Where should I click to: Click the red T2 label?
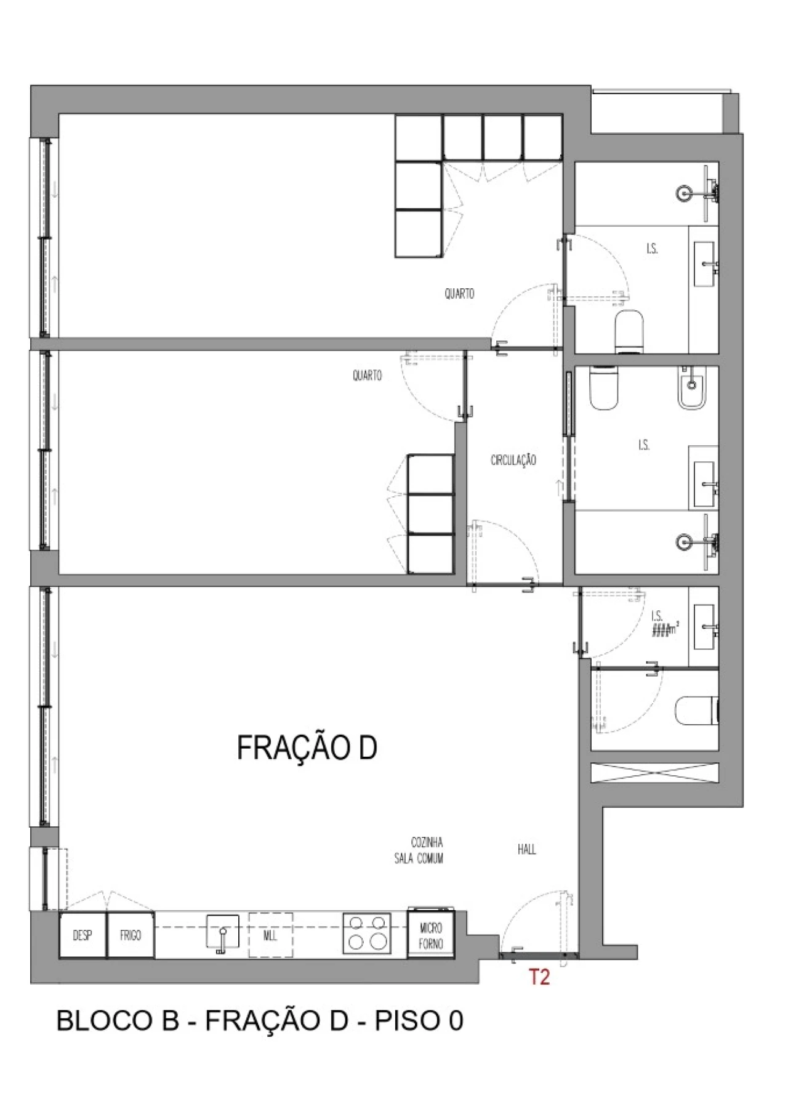tap(539, 977)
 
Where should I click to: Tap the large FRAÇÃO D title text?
tap(307, 748)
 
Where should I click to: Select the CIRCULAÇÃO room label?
tap(513, 460)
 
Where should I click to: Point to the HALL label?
tap(526, 850)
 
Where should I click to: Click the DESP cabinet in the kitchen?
tap(82, 935)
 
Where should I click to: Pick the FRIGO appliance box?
tap(131, 935)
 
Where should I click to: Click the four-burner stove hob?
tap(368, 934)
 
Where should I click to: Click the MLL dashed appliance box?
tap(270, 935)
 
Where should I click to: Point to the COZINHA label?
tap(427, 842)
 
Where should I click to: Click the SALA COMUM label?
tap(419, 858)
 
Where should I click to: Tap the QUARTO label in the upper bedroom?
tap(459, 294)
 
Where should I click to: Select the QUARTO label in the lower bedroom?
tap(367, 375)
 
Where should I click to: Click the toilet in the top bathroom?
tap(629, 333)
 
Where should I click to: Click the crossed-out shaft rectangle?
tap(654, 773)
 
